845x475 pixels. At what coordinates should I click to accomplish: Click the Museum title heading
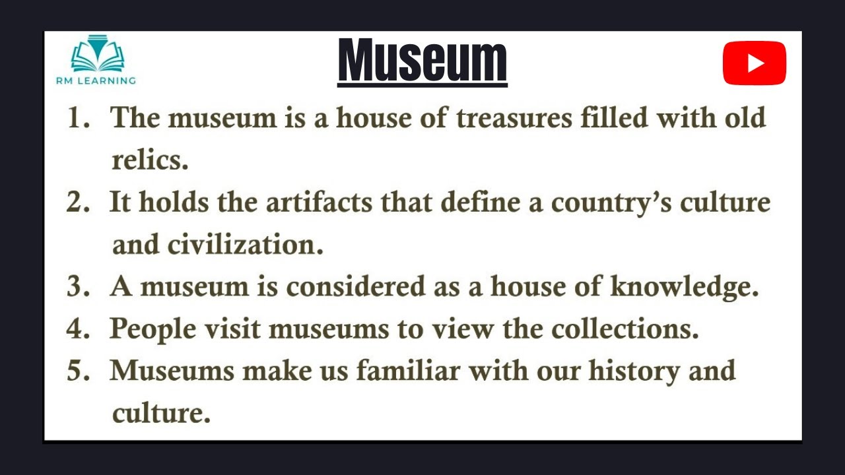coord(422,61)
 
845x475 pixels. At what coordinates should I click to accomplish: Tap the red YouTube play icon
coord(754,63)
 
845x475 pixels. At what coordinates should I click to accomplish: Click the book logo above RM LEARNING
coord(97,54)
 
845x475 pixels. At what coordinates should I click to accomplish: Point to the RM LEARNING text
coord(96,80)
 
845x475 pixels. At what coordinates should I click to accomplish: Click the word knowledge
coord(684,288)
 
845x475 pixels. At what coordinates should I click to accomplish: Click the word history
coord(634,371)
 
